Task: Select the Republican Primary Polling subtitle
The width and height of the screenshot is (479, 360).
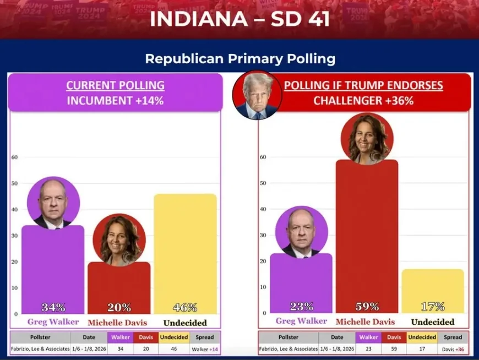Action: tap(239, 58)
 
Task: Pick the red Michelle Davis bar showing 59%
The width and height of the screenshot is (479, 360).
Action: tap(367, 231)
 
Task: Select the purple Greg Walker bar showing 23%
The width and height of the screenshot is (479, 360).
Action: tap(301, 281)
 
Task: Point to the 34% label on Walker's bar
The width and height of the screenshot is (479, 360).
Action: tap(53, 307)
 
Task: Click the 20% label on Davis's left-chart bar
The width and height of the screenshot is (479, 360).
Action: tap(119, 307)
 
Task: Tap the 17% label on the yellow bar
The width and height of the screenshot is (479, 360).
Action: tap(433, 307)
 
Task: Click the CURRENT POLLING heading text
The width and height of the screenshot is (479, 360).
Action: tap(115, 85)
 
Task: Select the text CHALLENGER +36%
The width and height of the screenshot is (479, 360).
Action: tap(363, 101)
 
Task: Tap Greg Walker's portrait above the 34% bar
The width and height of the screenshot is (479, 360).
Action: tap(53, 203)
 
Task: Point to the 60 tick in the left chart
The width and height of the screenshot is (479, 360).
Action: tap(15, 157)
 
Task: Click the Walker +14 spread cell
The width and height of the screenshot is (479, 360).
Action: tap(205, 349)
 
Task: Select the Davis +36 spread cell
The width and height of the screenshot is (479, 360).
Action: tap(453, 349)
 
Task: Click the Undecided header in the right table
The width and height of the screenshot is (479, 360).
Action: tap(422, 337)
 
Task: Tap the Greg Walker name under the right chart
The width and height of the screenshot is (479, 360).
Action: tap(301, 321)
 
